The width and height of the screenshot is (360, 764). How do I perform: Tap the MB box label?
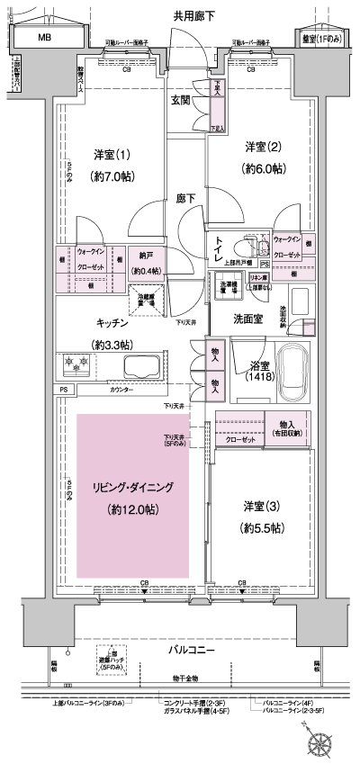(42, 39)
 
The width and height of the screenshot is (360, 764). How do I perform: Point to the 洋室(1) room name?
(112, 154)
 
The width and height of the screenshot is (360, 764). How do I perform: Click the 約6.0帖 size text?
(262, 168)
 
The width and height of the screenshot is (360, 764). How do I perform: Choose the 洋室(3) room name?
(264, 505)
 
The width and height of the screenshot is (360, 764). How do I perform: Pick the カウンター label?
(121, 390)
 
